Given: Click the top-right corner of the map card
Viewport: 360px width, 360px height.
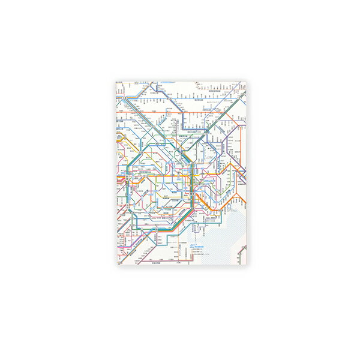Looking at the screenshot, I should (246, 79).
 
